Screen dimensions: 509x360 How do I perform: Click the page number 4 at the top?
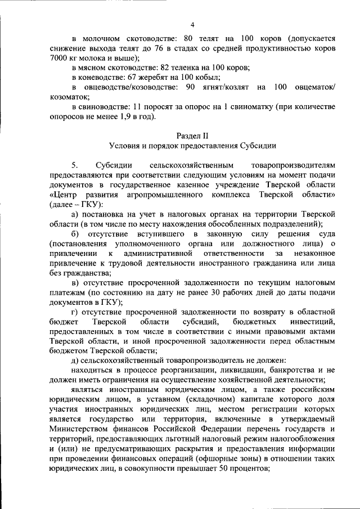coord(192,25)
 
